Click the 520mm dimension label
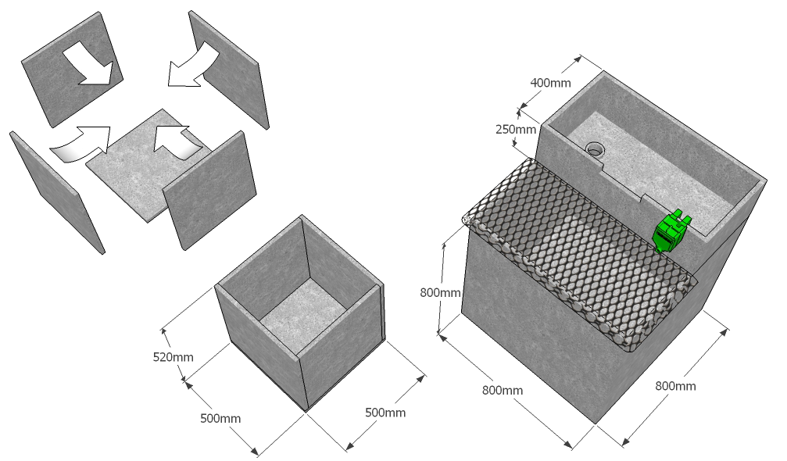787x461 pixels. pos(173,357)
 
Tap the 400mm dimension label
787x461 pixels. pos(551,83)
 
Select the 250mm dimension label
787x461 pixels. pos(516,130)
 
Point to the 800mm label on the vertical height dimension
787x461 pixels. pos(440,292)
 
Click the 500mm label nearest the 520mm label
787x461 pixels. pos(220,418)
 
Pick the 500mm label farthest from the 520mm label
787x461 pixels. pos(385,413)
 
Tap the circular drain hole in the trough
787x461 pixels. pos(596,148)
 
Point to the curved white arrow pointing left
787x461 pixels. pos(192,65)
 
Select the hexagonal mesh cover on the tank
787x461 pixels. pos(580,253)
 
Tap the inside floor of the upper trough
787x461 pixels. pos(653,170)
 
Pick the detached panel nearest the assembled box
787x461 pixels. pos(209,191)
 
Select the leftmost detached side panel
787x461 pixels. pos(57,192)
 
